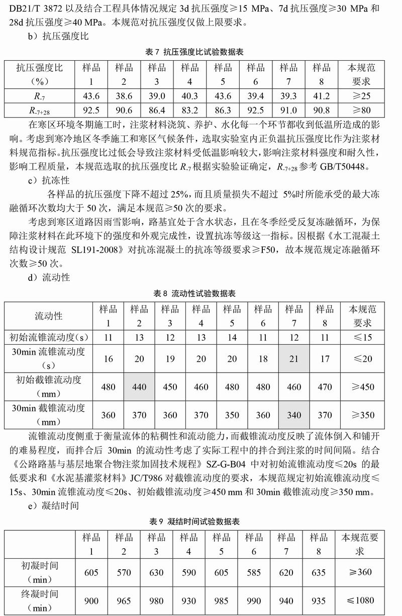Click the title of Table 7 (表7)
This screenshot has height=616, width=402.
(201, 52)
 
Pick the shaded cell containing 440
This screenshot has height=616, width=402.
(139, 387)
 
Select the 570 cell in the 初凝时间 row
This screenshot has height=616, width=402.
(124, 572)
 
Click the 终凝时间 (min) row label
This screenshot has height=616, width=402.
(40, 600)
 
